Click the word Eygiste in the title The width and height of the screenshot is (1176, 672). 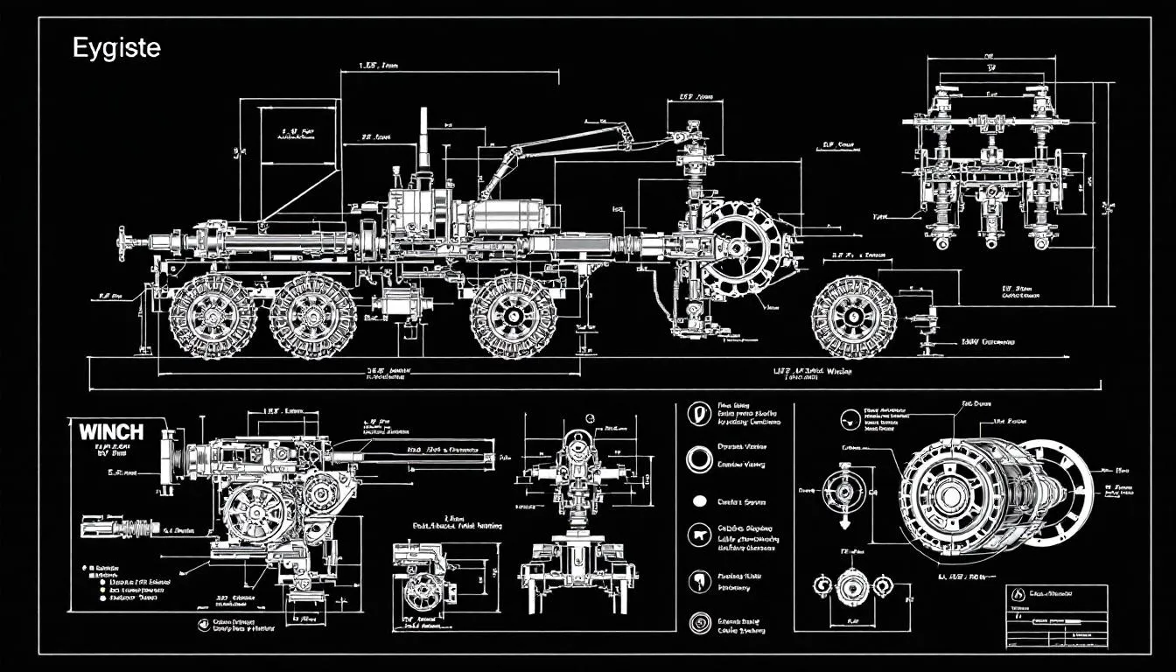116,48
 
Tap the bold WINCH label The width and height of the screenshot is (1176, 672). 111,431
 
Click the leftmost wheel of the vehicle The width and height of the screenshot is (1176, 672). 211,314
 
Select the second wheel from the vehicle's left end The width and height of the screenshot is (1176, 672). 311,315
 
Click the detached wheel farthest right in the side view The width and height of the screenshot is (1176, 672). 854,317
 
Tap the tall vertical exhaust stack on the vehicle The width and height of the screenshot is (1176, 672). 424,140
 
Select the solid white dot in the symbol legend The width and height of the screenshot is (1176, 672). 698,502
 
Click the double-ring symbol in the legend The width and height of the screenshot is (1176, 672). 698,458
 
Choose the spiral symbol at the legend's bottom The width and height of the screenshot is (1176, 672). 698,622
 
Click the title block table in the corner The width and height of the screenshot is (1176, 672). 1056,613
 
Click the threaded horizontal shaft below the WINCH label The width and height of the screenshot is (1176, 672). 122,528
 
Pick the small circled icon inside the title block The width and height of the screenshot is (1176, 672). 1017,594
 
